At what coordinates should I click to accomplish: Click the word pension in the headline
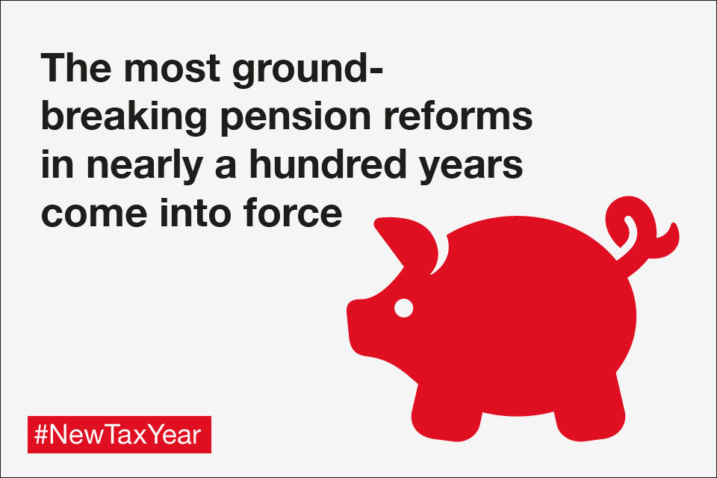[296, 118]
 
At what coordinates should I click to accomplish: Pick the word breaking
[125, 118]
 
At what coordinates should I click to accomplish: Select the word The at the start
[76, 67]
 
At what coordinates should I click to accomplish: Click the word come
[94, 215]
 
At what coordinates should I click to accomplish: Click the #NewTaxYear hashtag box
[119, 435]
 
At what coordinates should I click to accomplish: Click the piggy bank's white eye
[404, 308]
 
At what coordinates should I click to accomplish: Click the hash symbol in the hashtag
[41, 435]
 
